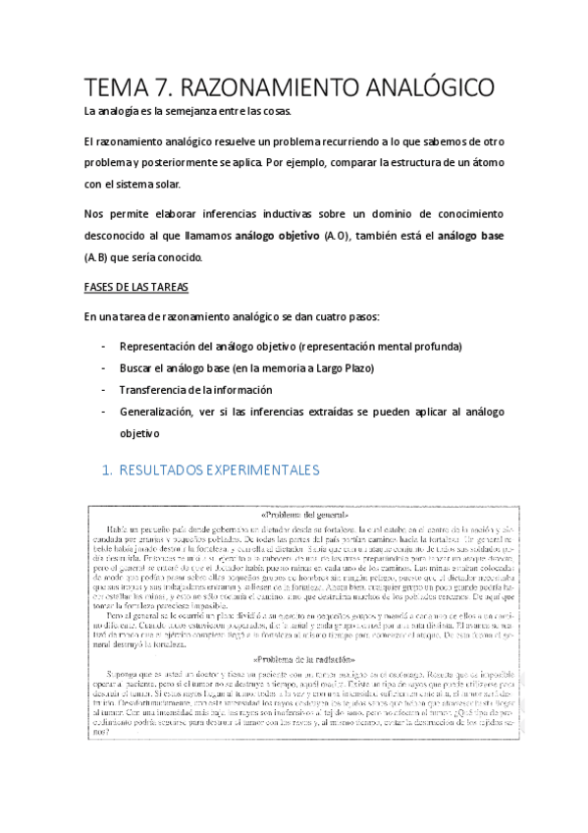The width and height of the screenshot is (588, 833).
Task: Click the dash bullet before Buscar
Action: click(104, 368)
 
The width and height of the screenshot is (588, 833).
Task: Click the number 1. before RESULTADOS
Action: click(109, 471)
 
